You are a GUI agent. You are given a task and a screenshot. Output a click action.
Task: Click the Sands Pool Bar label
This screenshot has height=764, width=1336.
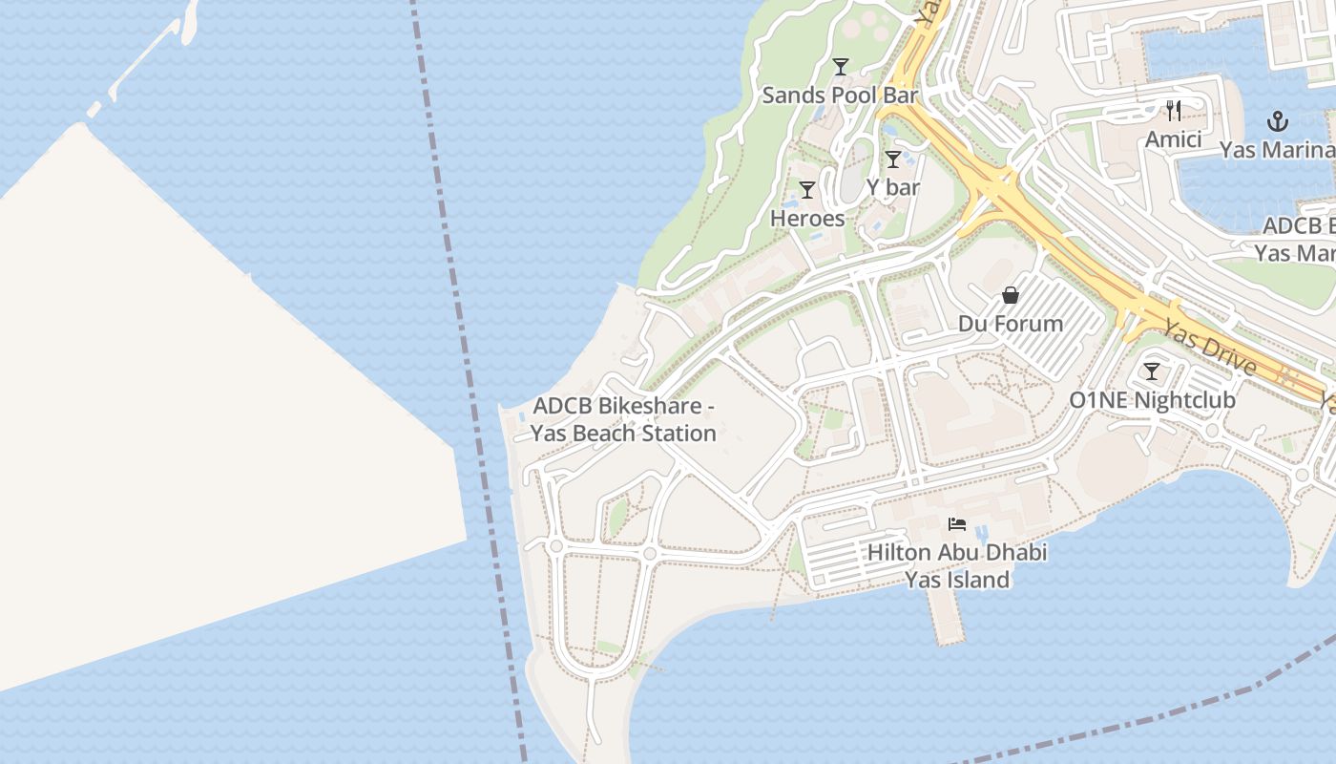tap(840, 95)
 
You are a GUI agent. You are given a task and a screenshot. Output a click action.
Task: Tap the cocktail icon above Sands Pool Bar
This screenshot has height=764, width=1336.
tap(841, 67)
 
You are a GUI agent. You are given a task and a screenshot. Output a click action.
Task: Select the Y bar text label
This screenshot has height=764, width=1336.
tap(893, 187)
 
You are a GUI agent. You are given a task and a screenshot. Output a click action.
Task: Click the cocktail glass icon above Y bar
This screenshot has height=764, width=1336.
tap(893, 159)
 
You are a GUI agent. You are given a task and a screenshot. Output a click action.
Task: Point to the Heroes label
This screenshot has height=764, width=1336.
tap(807, 219)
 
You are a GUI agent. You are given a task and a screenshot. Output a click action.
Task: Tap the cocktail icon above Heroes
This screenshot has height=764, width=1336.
tap(807, 190)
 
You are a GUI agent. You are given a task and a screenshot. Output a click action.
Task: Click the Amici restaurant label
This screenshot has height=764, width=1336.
tap(1174, 139)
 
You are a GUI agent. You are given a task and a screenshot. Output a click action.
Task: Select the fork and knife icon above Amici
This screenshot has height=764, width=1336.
tap(1174, 111)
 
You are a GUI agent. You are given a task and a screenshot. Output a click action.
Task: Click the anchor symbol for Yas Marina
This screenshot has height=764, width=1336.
tap(1277, 121)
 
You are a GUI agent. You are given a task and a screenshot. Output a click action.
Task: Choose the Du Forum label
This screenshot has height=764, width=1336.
tap(1011, 324)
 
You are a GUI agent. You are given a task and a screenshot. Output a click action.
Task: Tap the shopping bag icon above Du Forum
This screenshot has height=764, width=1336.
tap(1011, 296)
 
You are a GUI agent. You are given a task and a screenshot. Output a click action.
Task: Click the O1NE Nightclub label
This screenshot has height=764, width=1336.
tap(1152, 400)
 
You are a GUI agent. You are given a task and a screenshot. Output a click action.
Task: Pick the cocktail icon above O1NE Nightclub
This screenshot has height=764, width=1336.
tap(1152, 371)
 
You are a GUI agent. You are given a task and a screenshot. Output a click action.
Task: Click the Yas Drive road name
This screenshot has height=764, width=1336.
tap(1210, 342)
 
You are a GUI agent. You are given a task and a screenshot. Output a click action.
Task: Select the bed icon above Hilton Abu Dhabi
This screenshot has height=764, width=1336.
tap(957, 523)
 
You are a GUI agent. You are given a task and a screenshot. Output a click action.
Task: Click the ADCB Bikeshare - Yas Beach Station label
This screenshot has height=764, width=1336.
tap(623, 419)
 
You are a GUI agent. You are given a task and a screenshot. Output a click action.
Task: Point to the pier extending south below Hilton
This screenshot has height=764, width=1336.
tap(948, 616)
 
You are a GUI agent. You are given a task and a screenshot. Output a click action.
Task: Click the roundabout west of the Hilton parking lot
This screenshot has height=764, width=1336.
tap(650, 553)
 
